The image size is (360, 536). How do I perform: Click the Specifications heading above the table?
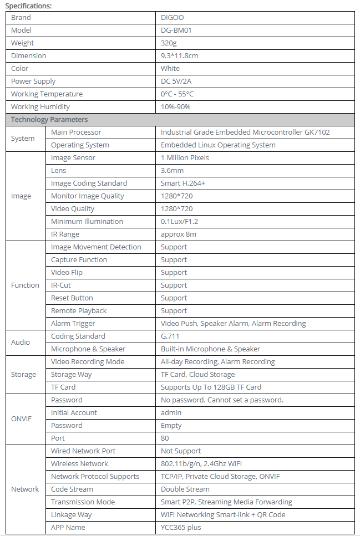pyautogui.click(x=28, y=6)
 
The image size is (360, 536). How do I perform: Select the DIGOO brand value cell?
pyautogui.click(x=172, y=18)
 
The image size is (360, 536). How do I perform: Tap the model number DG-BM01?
pyautogui.click(x=176, y=30)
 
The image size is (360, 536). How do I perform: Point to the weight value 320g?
pyautogui.click(x=169, y=43)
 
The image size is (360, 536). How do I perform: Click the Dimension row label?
pyautogui.click(x=29, y=56)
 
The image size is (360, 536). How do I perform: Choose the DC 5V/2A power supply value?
pyautogui.click(x=176, y=81)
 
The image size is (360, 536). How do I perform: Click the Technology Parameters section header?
pyautogui.click(x=49, y=120)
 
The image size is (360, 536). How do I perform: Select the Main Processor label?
pyautogui.click(x=76, y=132)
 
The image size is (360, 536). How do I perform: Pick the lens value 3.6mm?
pyautogui.click(x=173, y=171)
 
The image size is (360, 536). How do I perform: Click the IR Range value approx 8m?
pyautogui.click(x=179, y=234)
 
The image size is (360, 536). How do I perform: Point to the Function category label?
pyautogui.click(x=25, y=285)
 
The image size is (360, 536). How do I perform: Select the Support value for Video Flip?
pyautogui.click(x=174, y=273)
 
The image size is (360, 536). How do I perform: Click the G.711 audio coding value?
pyautogui.click(x=170, y=336)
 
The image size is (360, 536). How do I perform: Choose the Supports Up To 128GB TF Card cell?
pyautogui.click(x=211, y=387)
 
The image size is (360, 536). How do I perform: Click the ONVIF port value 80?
pyautogui.click(x=165, y=438)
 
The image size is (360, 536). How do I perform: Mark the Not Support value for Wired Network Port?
pyautogui.click(x=181, y=451)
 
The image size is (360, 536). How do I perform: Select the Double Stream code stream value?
pyautogui.click(x=185, y=489)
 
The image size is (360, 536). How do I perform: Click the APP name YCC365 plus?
pyautogui.click(x=181, y=528)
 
